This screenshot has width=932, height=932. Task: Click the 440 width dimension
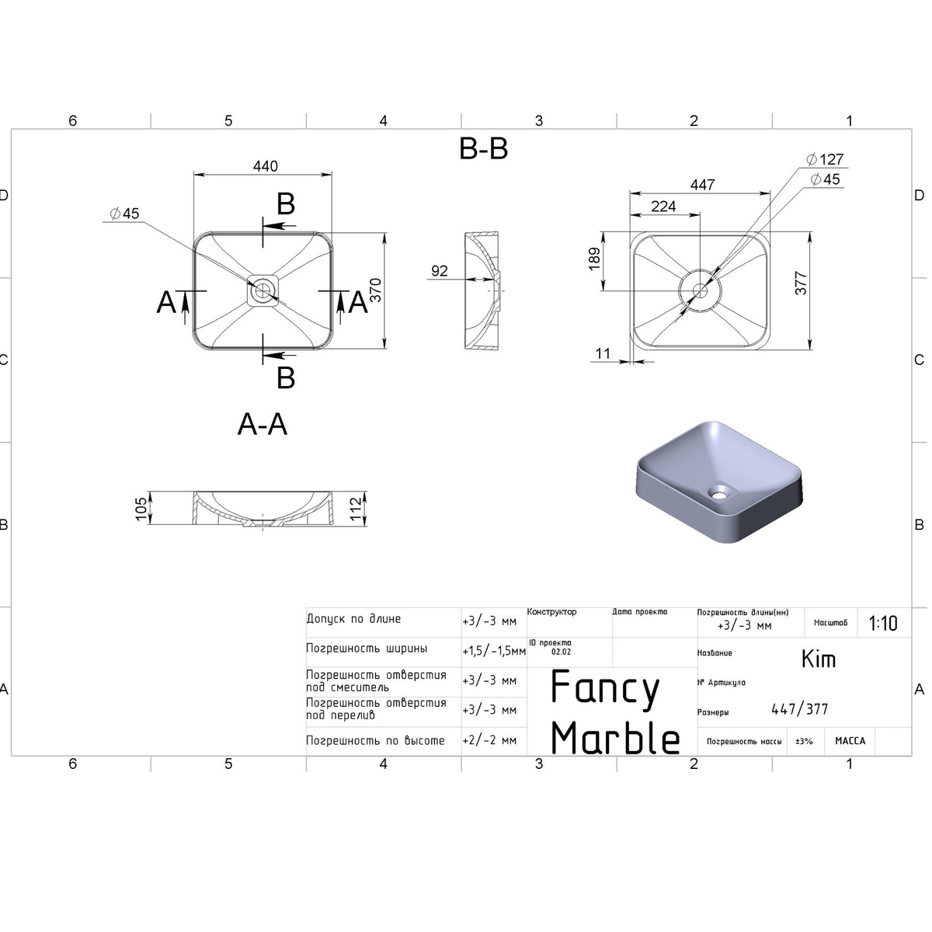pos(266,166)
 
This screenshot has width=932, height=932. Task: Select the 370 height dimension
pos(376,290)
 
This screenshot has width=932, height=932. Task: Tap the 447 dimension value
pos(703,185)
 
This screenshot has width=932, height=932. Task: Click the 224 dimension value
pos(663,207)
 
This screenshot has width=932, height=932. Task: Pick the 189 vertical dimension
pos(594,259)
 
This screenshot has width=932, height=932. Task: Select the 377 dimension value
pos(802,283)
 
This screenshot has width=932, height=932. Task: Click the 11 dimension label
pos(603,353)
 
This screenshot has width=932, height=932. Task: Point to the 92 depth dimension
pos(439,271)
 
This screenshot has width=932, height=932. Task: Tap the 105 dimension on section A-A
pos(141,509)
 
